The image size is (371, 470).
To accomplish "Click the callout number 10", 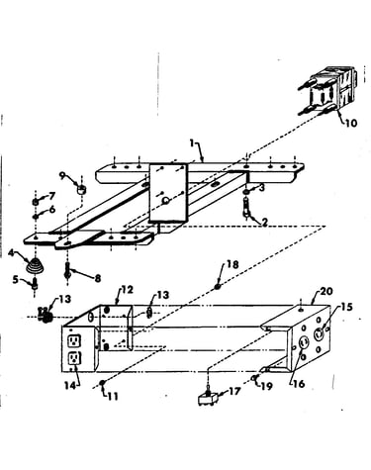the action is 351,123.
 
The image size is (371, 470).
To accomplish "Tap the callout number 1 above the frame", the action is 192,143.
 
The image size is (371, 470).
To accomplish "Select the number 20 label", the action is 326,291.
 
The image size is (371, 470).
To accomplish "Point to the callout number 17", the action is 234,392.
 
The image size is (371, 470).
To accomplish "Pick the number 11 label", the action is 113,396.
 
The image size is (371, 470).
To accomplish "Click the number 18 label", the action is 232,264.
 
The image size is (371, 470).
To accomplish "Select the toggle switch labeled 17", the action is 208,398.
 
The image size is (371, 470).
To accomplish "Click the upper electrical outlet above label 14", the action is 74,341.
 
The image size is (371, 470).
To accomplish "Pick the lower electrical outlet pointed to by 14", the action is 74,358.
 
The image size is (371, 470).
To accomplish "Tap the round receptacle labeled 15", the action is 319,334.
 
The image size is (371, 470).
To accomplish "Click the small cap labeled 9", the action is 81,190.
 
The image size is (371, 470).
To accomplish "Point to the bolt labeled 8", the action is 67,274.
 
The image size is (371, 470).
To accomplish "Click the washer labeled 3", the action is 246,192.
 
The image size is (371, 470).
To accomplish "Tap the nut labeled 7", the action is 36,201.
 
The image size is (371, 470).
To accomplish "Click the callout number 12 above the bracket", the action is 127,290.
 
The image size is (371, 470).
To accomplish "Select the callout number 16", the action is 299,384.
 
